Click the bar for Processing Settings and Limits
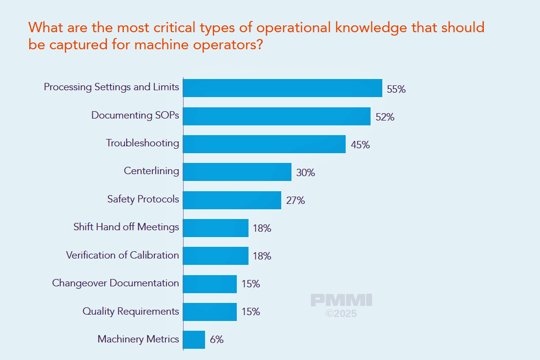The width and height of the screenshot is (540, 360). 282,88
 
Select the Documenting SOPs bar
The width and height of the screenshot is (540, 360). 276,116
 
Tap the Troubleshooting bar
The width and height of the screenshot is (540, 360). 264,144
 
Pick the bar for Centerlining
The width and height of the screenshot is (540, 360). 237,172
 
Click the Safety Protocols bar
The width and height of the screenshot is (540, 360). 232,200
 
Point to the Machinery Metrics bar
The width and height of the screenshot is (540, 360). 194,340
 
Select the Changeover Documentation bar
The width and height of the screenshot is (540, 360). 210,284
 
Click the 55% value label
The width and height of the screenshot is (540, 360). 396,89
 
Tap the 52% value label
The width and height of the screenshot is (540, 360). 385,117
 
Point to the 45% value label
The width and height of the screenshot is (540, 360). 360,145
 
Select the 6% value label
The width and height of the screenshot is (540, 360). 216,340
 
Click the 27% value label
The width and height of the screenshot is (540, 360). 295,200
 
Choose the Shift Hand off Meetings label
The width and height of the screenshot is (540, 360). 126,227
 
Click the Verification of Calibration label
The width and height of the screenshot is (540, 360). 122,255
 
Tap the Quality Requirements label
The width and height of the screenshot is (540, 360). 130,311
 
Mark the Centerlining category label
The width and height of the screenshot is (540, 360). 151,171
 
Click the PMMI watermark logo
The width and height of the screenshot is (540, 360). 341,300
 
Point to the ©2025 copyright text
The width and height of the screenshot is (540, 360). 341,314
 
